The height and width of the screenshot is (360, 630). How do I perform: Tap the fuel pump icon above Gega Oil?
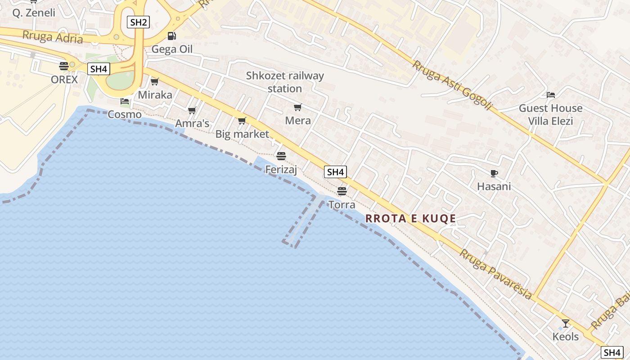(171, 36)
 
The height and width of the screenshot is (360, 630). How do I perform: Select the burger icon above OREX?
(64, 66)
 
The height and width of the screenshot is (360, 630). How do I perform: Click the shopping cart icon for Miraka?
(155, 81)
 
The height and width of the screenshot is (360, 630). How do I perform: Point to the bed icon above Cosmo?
(125, 101)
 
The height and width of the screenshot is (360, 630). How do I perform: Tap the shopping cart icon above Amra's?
(192, 110)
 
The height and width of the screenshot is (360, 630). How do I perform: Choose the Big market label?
(242, 134)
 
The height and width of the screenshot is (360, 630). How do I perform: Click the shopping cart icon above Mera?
(297, 107)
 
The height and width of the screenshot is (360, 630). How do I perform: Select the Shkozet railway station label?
(285, 82)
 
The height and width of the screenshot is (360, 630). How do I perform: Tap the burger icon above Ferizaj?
(281, 156)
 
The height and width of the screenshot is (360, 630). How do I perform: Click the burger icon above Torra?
(342, 191)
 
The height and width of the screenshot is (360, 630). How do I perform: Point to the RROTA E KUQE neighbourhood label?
(411, 219)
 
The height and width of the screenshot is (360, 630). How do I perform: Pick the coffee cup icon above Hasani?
(494, 173)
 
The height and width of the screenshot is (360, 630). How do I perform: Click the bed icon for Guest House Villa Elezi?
(551, 95)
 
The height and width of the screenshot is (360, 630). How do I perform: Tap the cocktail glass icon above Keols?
(566, 323)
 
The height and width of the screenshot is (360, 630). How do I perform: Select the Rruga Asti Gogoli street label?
(453, 85)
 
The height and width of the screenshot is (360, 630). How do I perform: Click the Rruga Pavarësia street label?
(495, 274)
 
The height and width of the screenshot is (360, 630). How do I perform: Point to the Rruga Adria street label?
(53, 37)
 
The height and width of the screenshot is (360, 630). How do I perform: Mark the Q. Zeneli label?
(34, 13)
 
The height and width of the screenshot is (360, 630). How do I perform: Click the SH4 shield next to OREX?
(99, 69)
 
